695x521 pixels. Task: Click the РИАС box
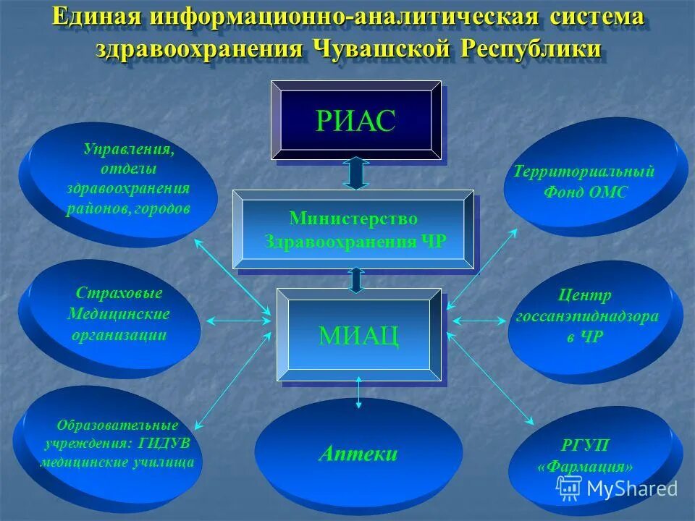(x=355, y=120)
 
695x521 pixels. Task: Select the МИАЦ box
(x=359, y=334)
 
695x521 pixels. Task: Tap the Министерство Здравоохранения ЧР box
(x=353, y=229)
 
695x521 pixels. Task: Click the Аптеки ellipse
(x=358, y=454)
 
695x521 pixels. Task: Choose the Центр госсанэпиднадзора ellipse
(x=590, y=318)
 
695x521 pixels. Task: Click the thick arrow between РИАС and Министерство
(x=355, y=174)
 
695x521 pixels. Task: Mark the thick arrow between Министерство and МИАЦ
(x=355, y=279)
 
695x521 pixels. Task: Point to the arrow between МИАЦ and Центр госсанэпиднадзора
(x=479, y=319)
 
